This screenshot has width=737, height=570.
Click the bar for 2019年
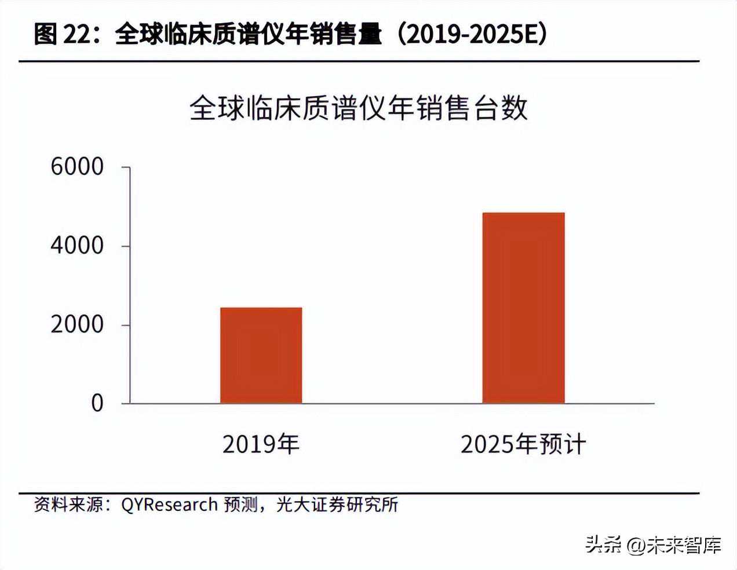click(261, 355)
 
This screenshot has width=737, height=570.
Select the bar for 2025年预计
click(523, 308)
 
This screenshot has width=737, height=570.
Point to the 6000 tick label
click(77, 167)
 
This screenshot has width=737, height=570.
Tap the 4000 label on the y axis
click(77, 246)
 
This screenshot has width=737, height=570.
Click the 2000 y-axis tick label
click(77, 324)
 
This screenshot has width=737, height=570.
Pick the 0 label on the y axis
click(97, 403)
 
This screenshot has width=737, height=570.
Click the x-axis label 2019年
click(261, 444)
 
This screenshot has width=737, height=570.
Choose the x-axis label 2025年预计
click(523, 444)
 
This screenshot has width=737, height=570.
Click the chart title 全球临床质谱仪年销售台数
click(359, 108)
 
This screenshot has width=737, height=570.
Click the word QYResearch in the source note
click(169, 505)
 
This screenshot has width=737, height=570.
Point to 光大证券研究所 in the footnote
click(337, 505)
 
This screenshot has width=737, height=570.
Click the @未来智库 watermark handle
click(675, 545)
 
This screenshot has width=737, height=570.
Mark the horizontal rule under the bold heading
click(359, 61)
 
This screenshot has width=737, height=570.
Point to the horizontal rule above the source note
click(359, 494)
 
